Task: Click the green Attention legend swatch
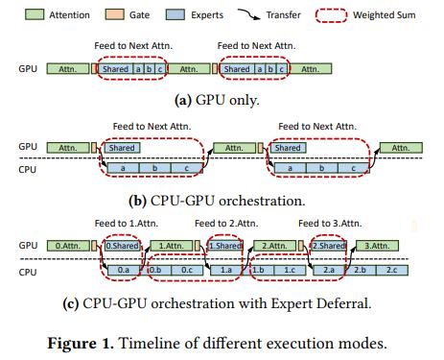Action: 35,14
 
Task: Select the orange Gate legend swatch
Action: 114,14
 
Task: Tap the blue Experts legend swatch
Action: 175,14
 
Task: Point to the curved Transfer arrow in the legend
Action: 249,14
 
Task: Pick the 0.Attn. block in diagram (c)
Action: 68,246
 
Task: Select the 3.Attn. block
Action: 377,246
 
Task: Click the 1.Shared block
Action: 225,246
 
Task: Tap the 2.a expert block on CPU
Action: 329,270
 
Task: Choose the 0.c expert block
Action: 187,270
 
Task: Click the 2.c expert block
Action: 392,270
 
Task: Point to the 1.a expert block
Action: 226,270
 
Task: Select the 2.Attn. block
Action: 274,246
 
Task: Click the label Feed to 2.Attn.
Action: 226,224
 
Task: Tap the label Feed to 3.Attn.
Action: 330,224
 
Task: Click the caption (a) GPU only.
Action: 217,100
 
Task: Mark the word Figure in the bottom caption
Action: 72,344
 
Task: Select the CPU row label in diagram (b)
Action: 28,169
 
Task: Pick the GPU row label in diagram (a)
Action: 28,69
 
